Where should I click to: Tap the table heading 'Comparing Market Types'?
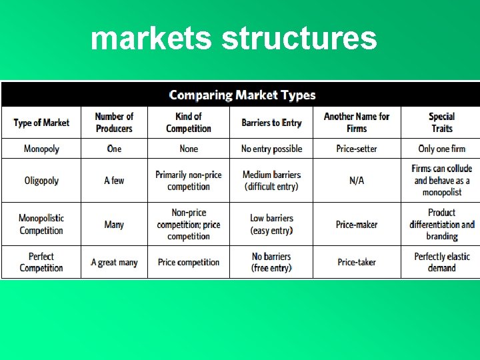point(242,95)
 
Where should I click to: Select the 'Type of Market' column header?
point(41,123)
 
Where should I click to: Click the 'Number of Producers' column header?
point(114,123)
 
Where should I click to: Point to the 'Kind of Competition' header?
point(189,123)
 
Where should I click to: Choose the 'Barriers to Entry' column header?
point(272,123)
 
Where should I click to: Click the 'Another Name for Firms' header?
point(357,123)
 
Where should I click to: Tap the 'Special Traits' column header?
point(441,123)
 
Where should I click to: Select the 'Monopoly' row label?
point(41,149)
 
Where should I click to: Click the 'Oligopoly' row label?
point(41,181)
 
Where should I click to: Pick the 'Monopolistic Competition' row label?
point(41,224)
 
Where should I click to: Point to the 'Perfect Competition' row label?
point(41,262)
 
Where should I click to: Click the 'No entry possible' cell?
point(272,149)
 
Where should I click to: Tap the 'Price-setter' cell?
point(357,149)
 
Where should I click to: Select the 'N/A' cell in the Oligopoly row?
point(357,181)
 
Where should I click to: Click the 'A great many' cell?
point(114,263)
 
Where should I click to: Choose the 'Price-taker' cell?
point(357,263)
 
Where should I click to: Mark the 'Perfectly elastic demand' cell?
point(441,262)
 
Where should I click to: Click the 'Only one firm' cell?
point(441,149)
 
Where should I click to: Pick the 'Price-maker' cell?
point(357,225)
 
